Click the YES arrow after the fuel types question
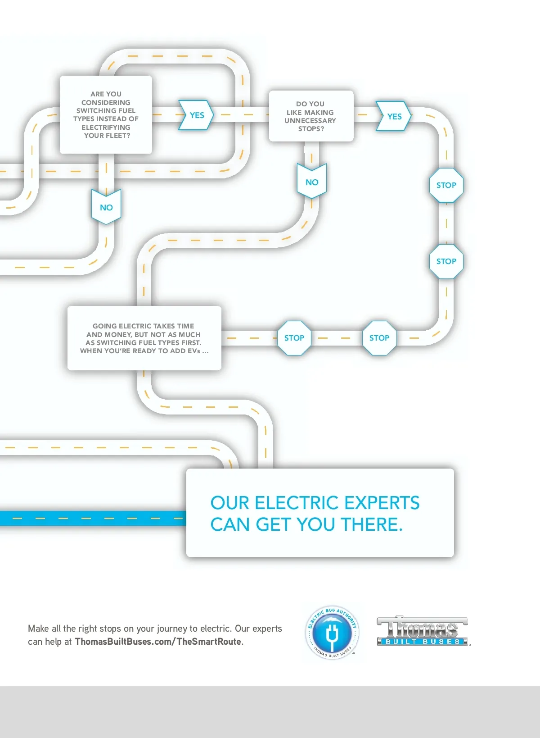[x=196, y=115]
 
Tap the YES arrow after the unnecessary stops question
[x=394, y=116]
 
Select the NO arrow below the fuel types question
[x=106, y=207]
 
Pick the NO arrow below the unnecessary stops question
[x=312, y=181]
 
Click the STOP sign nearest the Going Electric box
[x=294, y=338]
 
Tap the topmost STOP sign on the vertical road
[x=446, y=185]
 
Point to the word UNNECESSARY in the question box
[x=310, y=121]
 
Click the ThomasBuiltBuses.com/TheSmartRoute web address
[x=158, y=642]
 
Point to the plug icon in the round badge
[x=332, y=632]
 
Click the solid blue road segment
[x=93, y=518]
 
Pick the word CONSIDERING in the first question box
[x=106, y=102]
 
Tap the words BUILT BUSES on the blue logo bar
[x=423, y=642]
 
